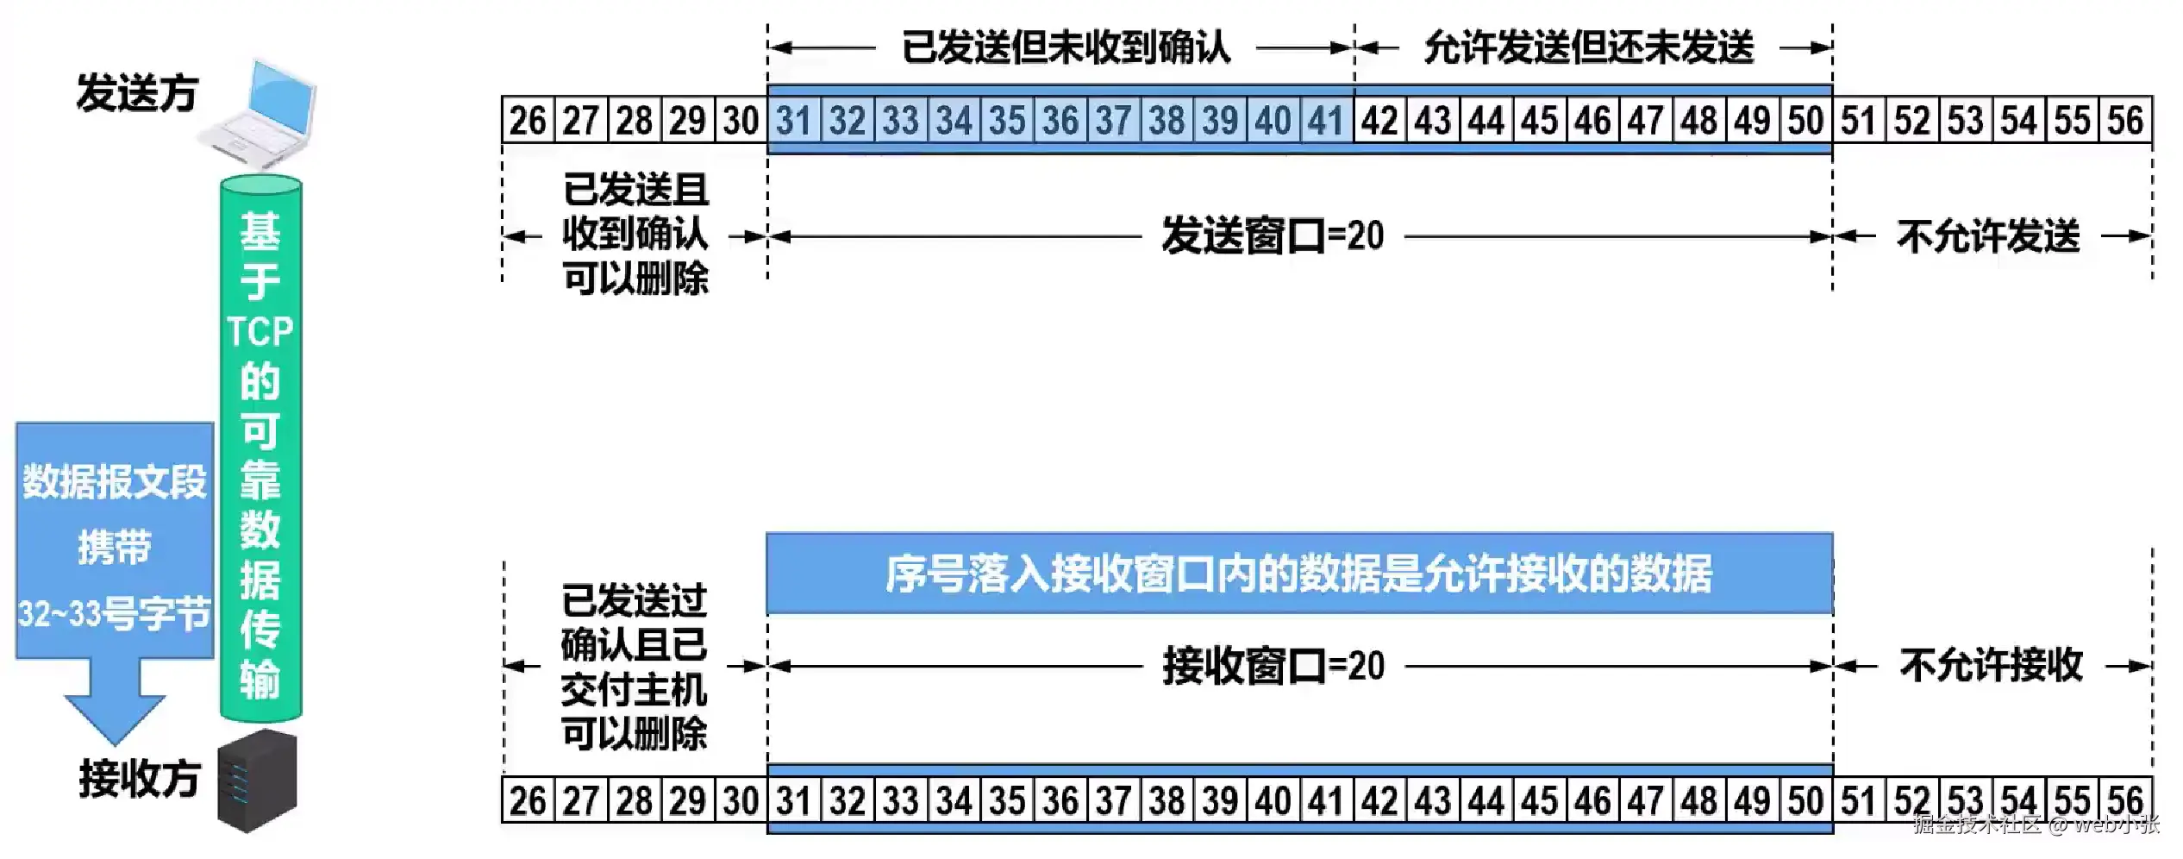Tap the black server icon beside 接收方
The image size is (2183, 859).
tap(256, 781)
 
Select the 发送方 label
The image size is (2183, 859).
tap(138, 93)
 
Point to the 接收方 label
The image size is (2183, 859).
tap(140, 779)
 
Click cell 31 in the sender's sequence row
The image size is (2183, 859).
tap(793, 121)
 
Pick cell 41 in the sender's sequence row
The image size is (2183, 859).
tap(1326, 121)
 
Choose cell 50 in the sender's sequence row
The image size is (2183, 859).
tap(1805, 121)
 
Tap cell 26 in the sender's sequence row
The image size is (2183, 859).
tap(528, 121)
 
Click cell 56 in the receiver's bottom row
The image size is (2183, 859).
tap(2125, 800)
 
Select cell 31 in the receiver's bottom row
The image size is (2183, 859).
tap(793, 800)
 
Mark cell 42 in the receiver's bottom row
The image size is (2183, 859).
tap(1379, 800)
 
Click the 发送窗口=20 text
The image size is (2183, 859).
tap(1273, 236)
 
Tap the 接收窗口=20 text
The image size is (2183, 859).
tap(1273, 666)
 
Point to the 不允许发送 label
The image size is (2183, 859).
tap(1988, 236)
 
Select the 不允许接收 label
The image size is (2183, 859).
tap(1991, 665)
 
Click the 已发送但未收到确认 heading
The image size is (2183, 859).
tap(1066, 47)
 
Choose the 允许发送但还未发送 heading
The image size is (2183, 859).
tap(1589, 47)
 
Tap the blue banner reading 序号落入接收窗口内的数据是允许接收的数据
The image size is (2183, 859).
tap(1298, 574)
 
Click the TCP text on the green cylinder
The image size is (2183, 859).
tap(260, 331)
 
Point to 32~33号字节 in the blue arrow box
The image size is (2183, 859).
tap(115, 614)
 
